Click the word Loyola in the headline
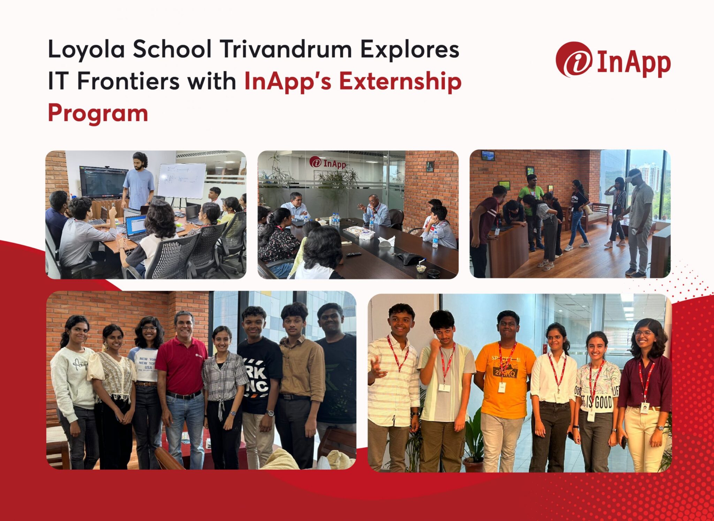(86, 50)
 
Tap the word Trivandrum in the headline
(286, 50)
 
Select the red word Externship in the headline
(400, 82)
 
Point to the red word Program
(98, 113)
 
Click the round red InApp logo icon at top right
(574, 59)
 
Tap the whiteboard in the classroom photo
(182, 180)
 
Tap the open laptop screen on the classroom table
(135, 225)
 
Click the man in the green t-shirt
(531, 195)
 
